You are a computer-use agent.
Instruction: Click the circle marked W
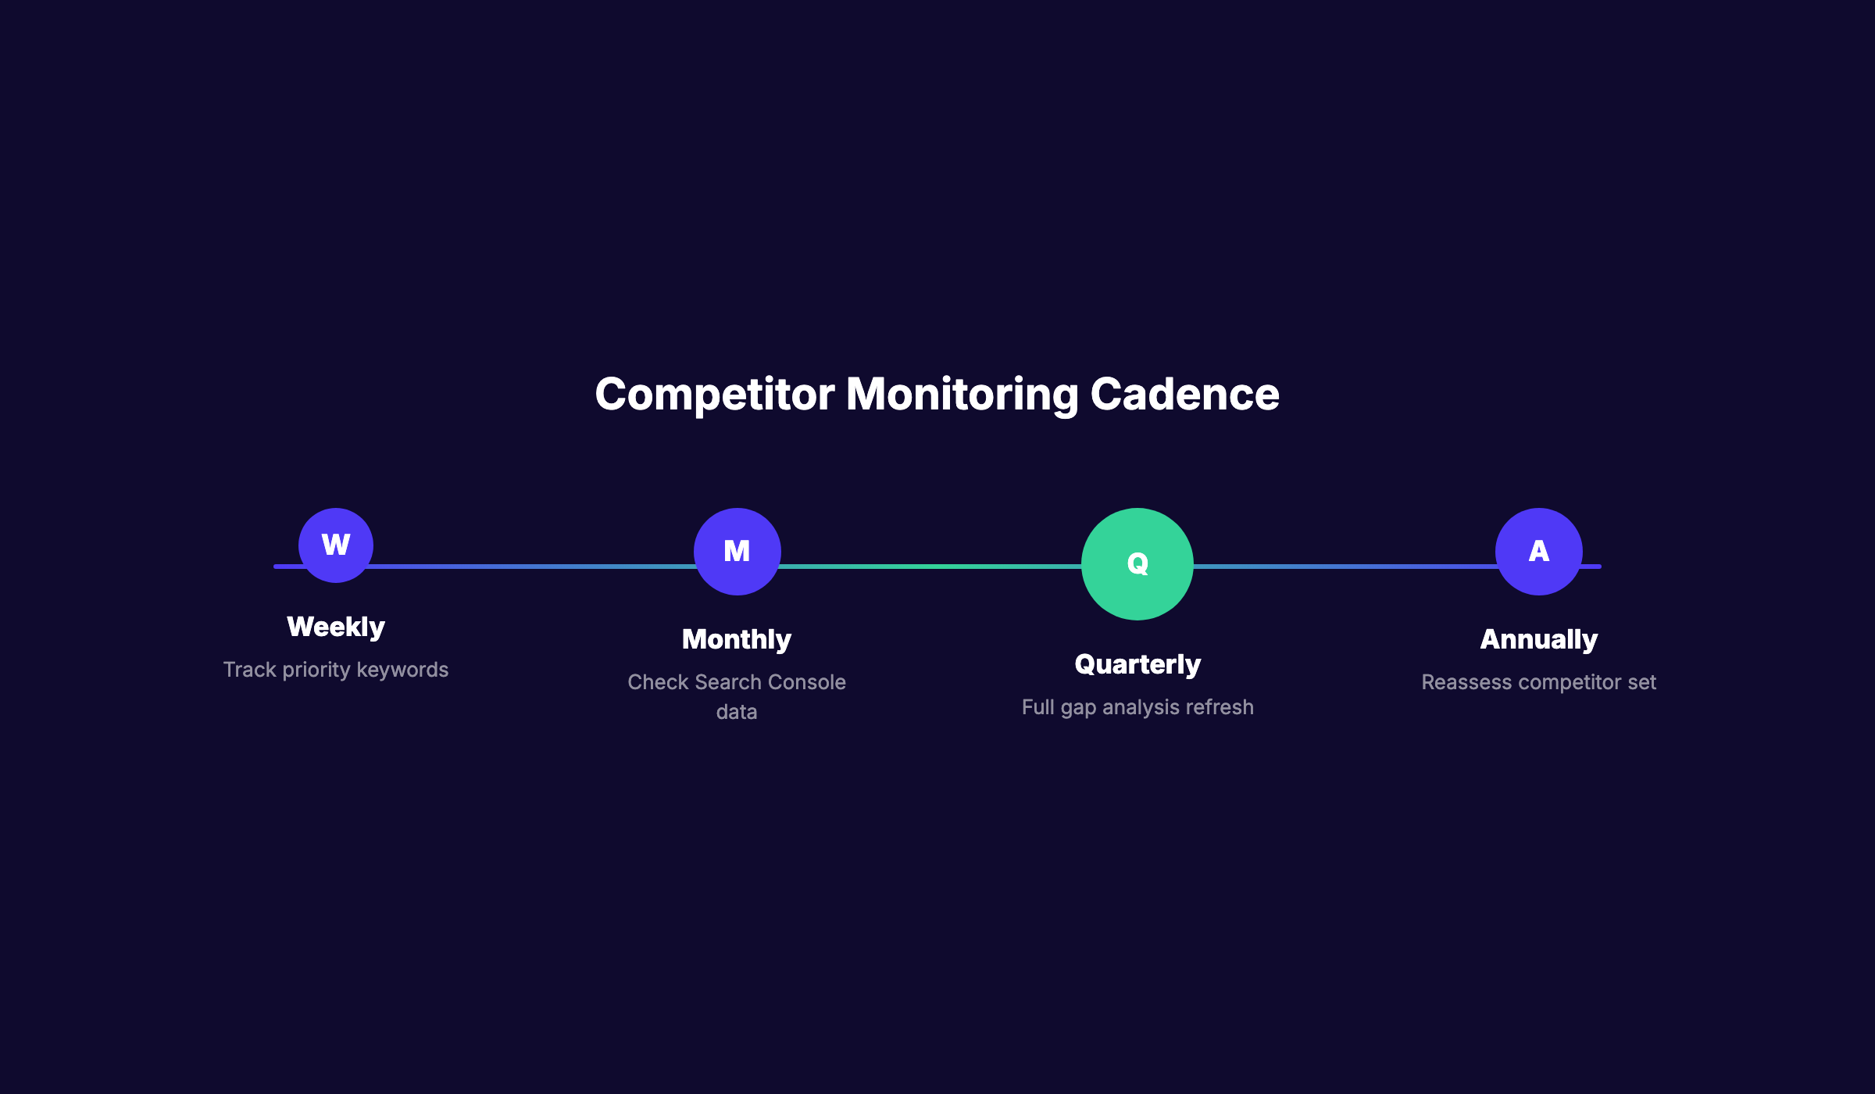336,545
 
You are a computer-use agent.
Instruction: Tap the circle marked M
737,551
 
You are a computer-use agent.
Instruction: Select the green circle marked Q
1137,563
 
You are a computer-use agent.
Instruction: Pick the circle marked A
1538,551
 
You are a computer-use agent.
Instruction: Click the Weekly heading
336,627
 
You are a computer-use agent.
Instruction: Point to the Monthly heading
737,639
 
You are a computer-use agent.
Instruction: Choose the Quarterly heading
1137,664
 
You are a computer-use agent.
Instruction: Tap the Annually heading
1538,639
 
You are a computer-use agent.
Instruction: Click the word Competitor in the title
714,394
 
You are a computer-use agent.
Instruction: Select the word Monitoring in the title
962,394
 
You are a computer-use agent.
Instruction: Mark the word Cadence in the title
1184,394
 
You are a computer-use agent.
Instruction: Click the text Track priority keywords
336,670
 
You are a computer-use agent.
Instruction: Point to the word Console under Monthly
809,682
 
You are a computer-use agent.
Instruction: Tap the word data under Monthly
737,712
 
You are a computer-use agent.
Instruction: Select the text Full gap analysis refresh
1137,707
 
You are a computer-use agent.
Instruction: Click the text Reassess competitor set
1538,682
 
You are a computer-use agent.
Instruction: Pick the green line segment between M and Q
930,566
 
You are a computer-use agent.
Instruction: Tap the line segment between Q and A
1344,566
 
